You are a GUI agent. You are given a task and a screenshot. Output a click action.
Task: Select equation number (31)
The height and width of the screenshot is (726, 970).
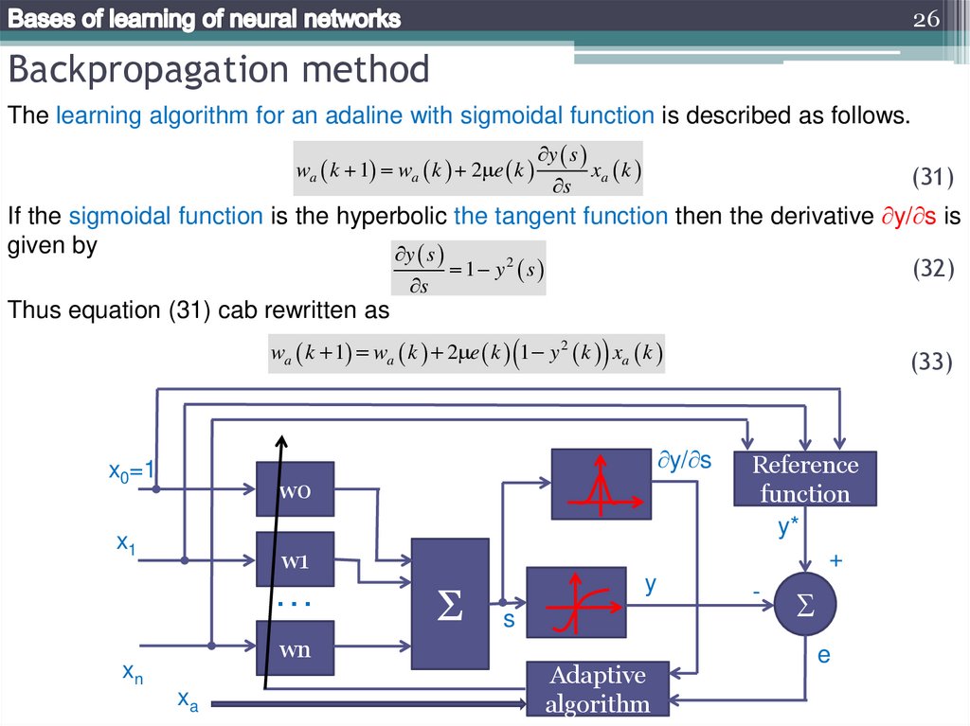(x=932, y=177)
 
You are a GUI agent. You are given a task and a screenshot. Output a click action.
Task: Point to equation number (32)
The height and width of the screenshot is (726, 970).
(x=932, y=270)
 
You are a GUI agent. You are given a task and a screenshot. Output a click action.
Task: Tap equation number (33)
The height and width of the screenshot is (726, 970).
(x=932, y=363)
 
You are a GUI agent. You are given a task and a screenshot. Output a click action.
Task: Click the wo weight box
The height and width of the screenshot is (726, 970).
(x=295, y=489)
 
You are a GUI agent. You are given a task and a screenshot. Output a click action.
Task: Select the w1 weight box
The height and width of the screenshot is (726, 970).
(x=295, y=559)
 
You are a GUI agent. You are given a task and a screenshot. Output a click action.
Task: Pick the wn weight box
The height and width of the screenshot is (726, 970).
(x=295, y=648)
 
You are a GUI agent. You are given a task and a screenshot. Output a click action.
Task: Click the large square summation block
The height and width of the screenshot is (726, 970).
(x=450, y=604)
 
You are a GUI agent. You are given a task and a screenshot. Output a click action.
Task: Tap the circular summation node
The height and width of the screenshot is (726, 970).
(x=806, y=604)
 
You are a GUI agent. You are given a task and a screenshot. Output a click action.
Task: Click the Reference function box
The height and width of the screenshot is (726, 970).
(x=805, y=479)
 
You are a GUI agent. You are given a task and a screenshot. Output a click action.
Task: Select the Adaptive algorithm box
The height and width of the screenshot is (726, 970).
(x=598, y=689)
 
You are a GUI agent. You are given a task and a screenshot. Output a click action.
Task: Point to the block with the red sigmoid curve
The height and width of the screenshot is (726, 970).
(x=576, y=603)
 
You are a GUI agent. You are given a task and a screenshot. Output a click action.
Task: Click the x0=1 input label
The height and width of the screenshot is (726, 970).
(x=132, y=470)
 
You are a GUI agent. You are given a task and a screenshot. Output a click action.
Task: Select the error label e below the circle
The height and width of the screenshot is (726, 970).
(x=823, y=654)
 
